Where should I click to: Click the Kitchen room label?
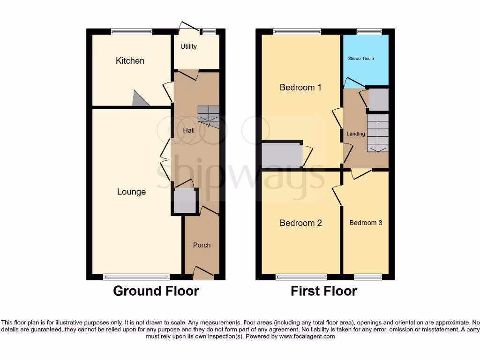tap(130, 61)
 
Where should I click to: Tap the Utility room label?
tap(188, 46)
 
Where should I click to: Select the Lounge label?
tap(131, 192)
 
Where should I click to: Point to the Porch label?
tap(202, 245)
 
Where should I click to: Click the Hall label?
tap(188, 130)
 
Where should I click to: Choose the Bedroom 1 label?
tap(300, 87)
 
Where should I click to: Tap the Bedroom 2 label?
tap(300, 223)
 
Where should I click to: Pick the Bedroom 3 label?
tap(366, 223)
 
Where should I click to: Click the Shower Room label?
tap(361, 59)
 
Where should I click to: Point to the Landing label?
tap(355, 134)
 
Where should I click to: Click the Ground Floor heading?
tap(156, 291)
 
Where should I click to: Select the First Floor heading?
tap(324, 291)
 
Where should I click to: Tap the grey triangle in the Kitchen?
tap(140, 99)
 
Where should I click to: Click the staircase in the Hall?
tap(209, 115)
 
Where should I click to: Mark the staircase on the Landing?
tap(377, 132)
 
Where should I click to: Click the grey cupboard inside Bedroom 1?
tap(282, 155)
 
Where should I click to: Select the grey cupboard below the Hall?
tap(185, 201)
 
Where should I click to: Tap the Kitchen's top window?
tap(132, 32)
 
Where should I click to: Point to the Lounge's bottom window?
tap(136, 277)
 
